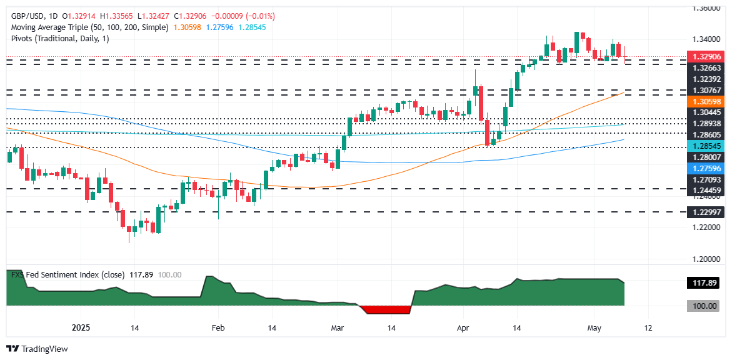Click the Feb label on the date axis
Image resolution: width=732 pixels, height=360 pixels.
pyautogui.click(x=218, y=327)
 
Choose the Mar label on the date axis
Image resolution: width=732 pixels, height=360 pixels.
pyautogui.click(x=337, y=327)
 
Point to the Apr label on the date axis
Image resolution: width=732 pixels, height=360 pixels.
pyautogui.click(x=463, y=327)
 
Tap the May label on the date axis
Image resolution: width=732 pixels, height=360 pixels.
pyautogui.click(x=594, y=327)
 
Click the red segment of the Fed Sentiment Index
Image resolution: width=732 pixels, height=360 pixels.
pyautogui.click(x=386, y=310)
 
